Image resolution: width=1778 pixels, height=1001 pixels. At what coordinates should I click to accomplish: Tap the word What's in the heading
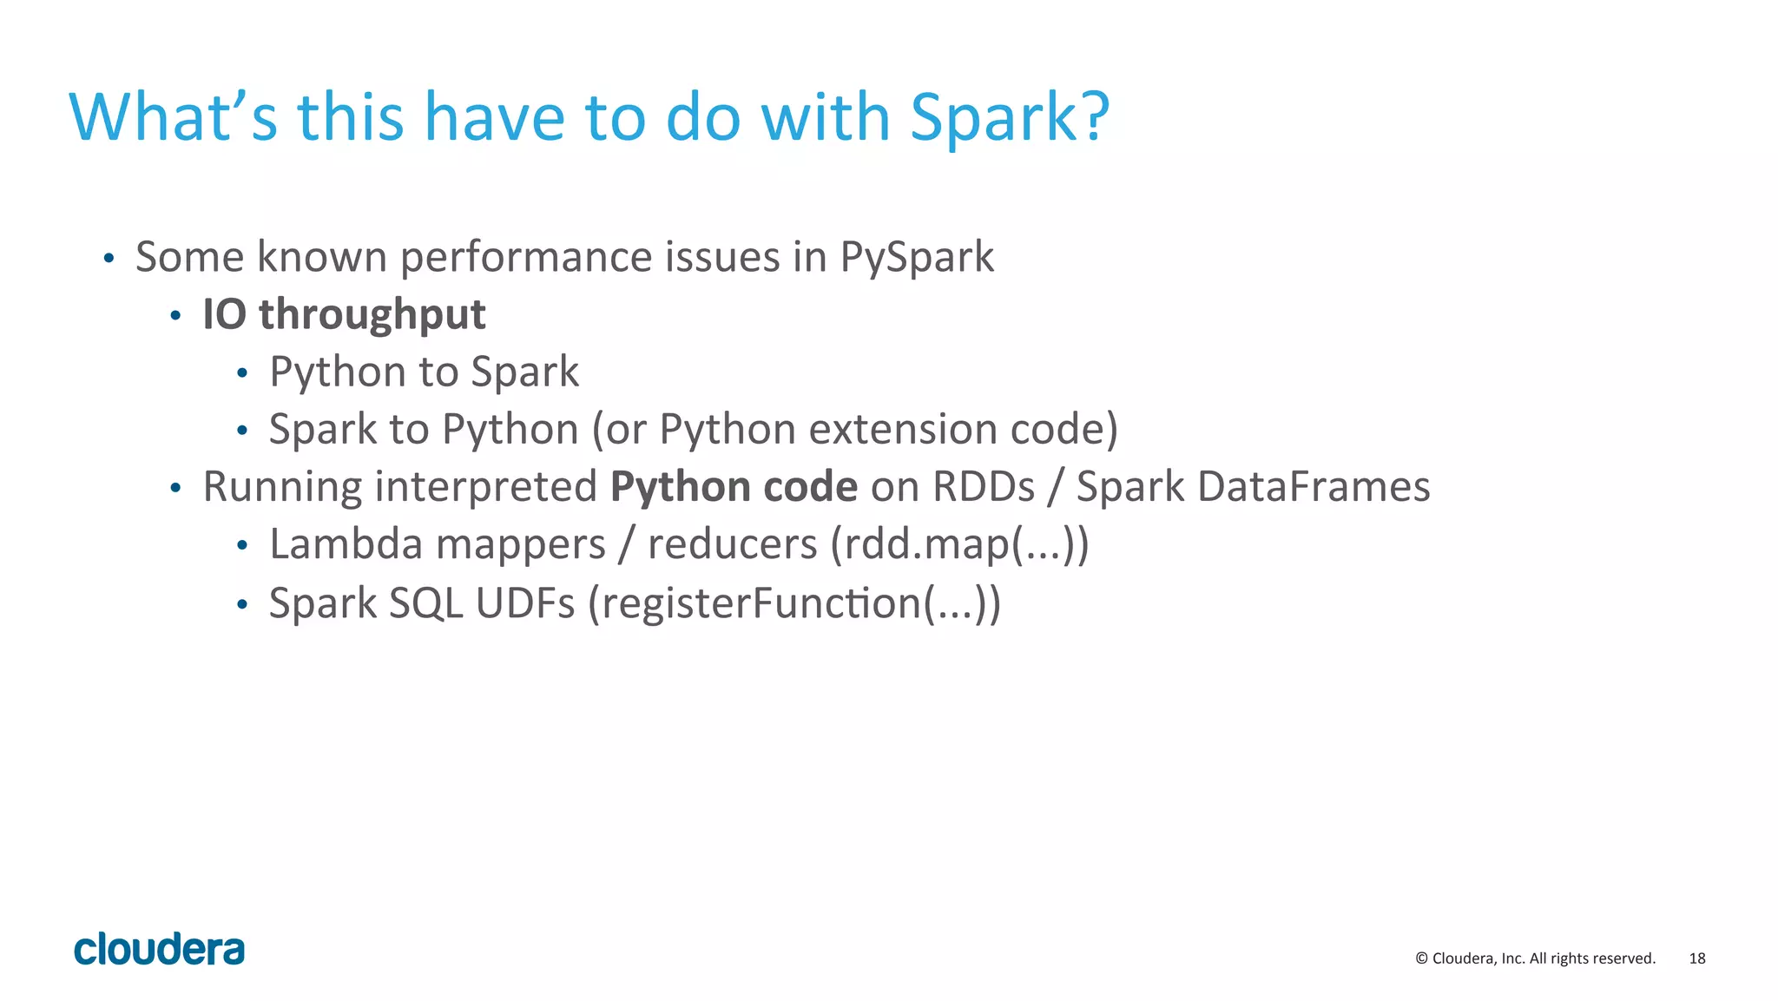click(x=173, y=116)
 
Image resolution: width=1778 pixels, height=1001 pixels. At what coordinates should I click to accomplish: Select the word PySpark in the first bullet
click(x=916, y=258)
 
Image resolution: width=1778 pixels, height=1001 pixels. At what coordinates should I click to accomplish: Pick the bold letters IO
click(x=224, y=314)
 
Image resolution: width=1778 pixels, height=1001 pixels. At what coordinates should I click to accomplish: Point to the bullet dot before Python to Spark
click(x=242, y=373)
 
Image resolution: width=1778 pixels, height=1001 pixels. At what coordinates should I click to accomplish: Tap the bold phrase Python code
click(x=734, y=486)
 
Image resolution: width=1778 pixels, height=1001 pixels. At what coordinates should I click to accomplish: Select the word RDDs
click(x=983, y=486)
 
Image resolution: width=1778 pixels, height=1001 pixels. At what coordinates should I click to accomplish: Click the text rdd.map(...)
click(x=958, y=545)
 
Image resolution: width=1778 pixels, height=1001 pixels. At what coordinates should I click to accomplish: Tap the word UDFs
click(x=524, y=603)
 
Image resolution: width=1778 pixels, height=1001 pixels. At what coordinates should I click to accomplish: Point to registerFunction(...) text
click(x=794, y=603)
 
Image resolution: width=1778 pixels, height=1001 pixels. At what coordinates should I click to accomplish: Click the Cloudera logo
click(x=159, y=949)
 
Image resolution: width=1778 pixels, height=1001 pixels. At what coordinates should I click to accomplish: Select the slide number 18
click(x=1696, y=958)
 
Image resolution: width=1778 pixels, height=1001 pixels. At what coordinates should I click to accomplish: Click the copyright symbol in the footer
click(x=1421, y=958)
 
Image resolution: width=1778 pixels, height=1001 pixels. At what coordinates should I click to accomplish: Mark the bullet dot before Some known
click(x=109, y=258)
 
